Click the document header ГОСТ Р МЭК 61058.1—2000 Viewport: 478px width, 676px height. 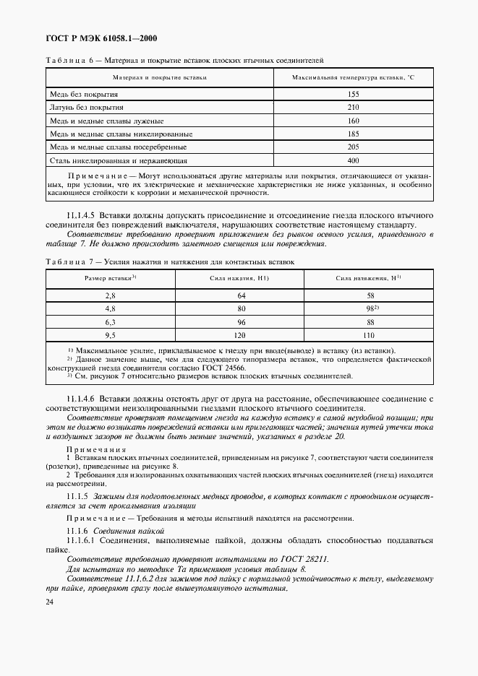click(101, 38)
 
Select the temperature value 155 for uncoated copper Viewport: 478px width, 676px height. click(353, 95)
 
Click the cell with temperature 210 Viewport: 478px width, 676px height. click(353, 108)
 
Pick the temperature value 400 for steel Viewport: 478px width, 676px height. click(353, 160)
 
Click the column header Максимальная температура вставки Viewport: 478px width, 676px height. click(353, 77)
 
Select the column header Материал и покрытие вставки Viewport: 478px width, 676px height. click(160, 77)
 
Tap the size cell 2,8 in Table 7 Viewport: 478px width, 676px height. click(110, 296)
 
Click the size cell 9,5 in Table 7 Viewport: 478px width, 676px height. click(110, 335)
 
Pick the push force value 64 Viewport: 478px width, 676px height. click(242, 296)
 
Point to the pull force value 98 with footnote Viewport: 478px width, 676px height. click(370, 309)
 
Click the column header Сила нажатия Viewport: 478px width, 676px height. click(241, 278)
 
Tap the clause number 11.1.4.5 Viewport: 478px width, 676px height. click(81, 216)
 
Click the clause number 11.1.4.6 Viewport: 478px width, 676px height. click(81, 399)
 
